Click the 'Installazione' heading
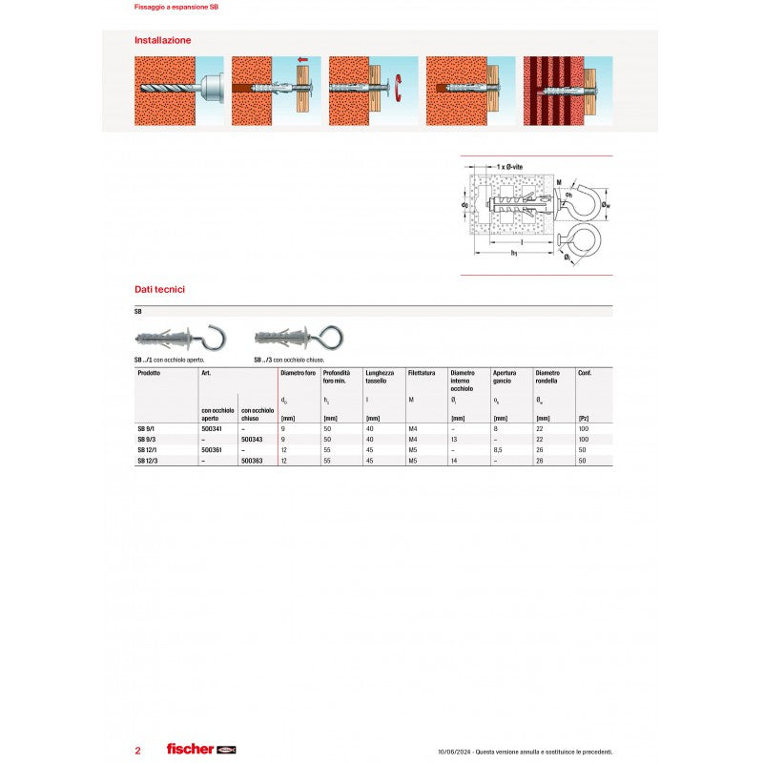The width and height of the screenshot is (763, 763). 163,40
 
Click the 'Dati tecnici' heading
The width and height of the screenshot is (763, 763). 159,288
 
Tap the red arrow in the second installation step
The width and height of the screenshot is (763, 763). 302,61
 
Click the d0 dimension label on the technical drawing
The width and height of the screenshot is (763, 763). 464,205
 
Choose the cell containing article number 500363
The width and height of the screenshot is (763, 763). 252,461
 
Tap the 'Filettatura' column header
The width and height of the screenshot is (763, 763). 421,373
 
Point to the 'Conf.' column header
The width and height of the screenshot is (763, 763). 584,373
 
